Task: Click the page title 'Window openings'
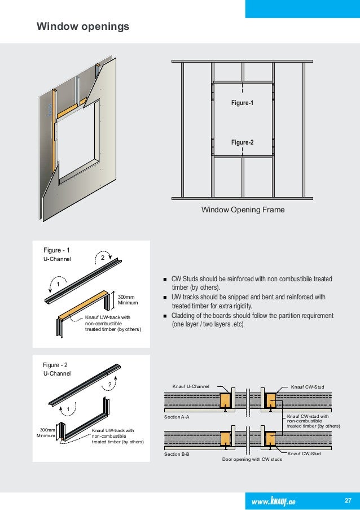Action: click(x=83, y=27)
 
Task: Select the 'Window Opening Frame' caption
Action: click(x=243, y=210)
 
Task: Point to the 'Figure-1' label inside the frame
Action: click(x=243, y=104)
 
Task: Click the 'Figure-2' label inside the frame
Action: click(x=243, y=142)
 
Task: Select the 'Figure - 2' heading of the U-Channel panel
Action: click(x=56, y=365)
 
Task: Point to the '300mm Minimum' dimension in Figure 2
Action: click(x=46, y=433)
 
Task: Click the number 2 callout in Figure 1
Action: click(x=103, y=258)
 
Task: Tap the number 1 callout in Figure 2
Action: click(x=67, y=408)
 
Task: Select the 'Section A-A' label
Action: click(x=176, y=417)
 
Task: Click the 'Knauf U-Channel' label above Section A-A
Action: click(x=191, y=387)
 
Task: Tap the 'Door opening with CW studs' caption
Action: click(x=252, y=460)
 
